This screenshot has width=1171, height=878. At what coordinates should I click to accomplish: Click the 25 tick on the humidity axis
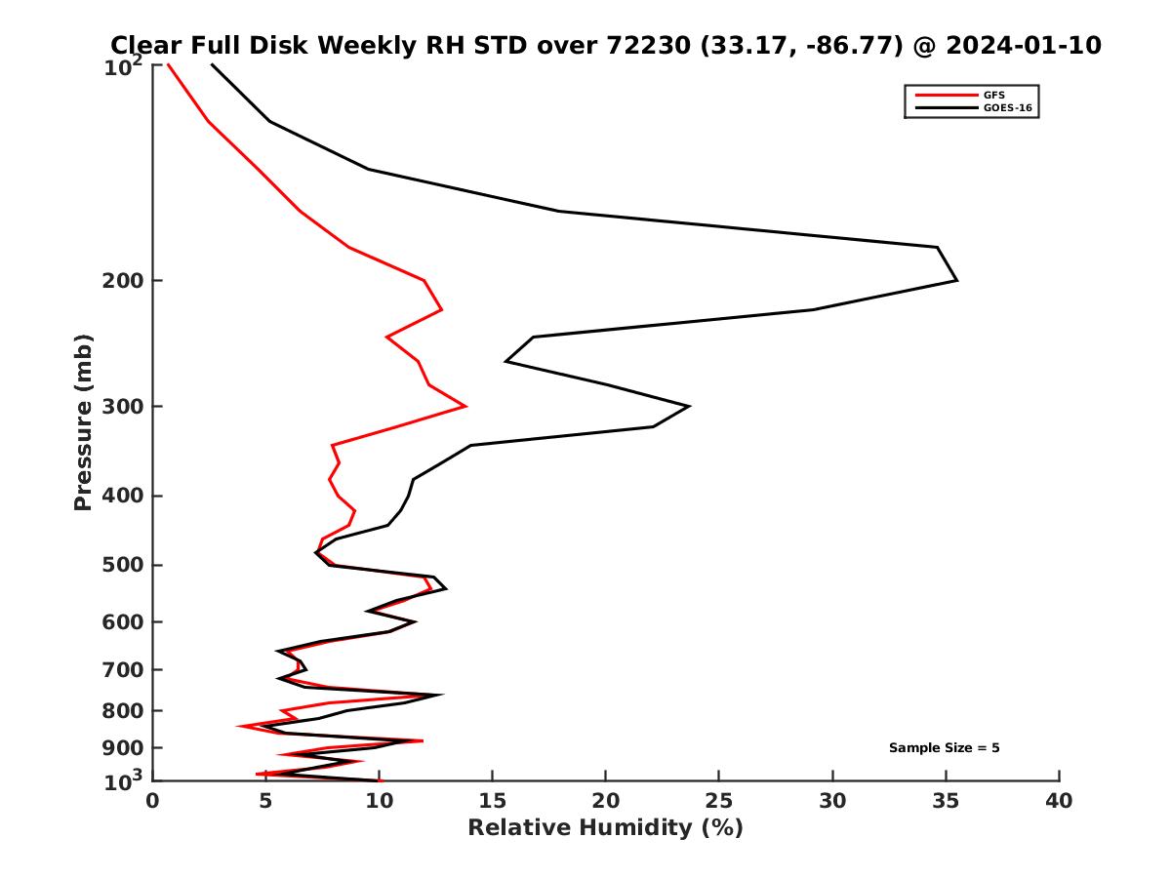719,801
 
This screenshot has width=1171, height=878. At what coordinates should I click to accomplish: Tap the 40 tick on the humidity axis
1059,801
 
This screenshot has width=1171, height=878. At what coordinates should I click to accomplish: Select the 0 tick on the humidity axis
152,801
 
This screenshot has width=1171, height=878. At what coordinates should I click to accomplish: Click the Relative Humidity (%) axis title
605,828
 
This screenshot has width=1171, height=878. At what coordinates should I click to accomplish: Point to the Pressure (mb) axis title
83,421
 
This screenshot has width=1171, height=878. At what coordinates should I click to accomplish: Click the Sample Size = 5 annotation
944,748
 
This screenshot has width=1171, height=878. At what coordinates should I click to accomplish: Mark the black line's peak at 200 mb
956,281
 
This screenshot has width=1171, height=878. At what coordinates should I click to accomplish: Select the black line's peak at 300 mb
690,406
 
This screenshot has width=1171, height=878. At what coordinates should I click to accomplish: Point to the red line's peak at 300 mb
465,406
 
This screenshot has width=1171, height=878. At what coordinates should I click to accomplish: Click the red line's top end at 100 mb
168,64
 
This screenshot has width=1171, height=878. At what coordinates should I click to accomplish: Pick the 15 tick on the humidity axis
492,801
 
